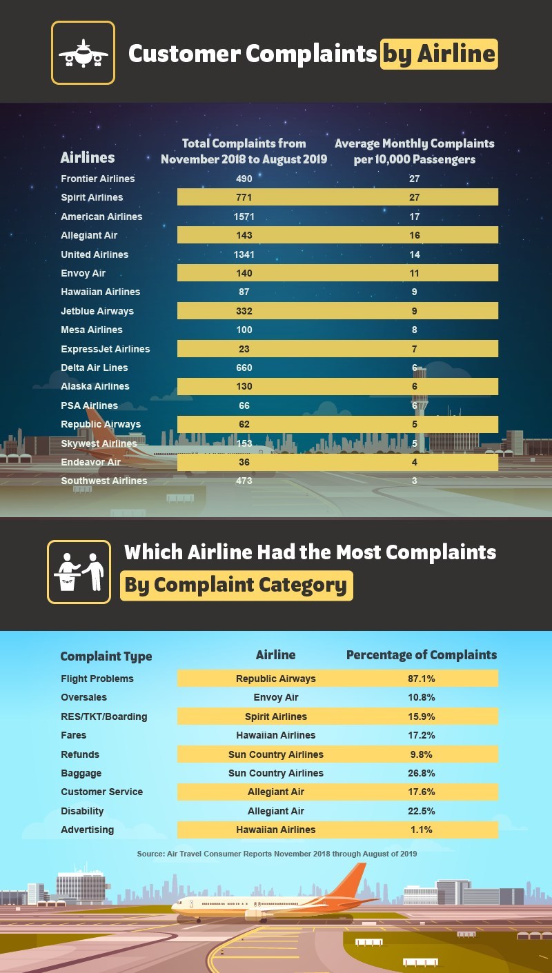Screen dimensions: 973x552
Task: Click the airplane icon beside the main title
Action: click(x=83, y=53)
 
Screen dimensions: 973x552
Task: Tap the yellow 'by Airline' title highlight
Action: click(x=439, y=54)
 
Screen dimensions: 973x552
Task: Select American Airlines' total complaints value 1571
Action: click(x=244, y=217)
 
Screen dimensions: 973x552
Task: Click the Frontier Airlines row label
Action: click(x=97, y=179)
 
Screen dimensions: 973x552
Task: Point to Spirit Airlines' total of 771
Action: click(x=244, y=197)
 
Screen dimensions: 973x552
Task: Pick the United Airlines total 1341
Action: click(x=244, y=254)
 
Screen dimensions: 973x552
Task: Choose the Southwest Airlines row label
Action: click(x=103, y=481)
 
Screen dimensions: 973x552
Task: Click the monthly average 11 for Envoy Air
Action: click(x=415, y=273)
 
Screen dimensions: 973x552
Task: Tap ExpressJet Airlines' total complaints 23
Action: click(x=244, y=349)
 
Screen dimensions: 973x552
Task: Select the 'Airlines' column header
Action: click(x=88, y=158)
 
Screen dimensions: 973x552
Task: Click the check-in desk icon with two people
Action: click(x=79, y=572)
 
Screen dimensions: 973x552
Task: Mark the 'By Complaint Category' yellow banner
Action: click(x=236, y=585)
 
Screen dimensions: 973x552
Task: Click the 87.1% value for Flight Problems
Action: click(x=422, y=679)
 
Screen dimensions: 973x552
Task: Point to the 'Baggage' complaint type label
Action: click(x=81, y=773)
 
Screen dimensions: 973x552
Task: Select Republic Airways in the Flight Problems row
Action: click(x=275, y=679)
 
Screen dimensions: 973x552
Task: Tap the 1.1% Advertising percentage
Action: click(x=422, y=830)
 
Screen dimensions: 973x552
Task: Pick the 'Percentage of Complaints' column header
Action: click(x=421, y=655)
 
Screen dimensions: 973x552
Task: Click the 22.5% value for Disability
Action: click(x=422, y=811)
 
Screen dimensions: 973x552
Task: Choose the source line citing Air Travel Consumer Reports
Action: click(x=277, y=854)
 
